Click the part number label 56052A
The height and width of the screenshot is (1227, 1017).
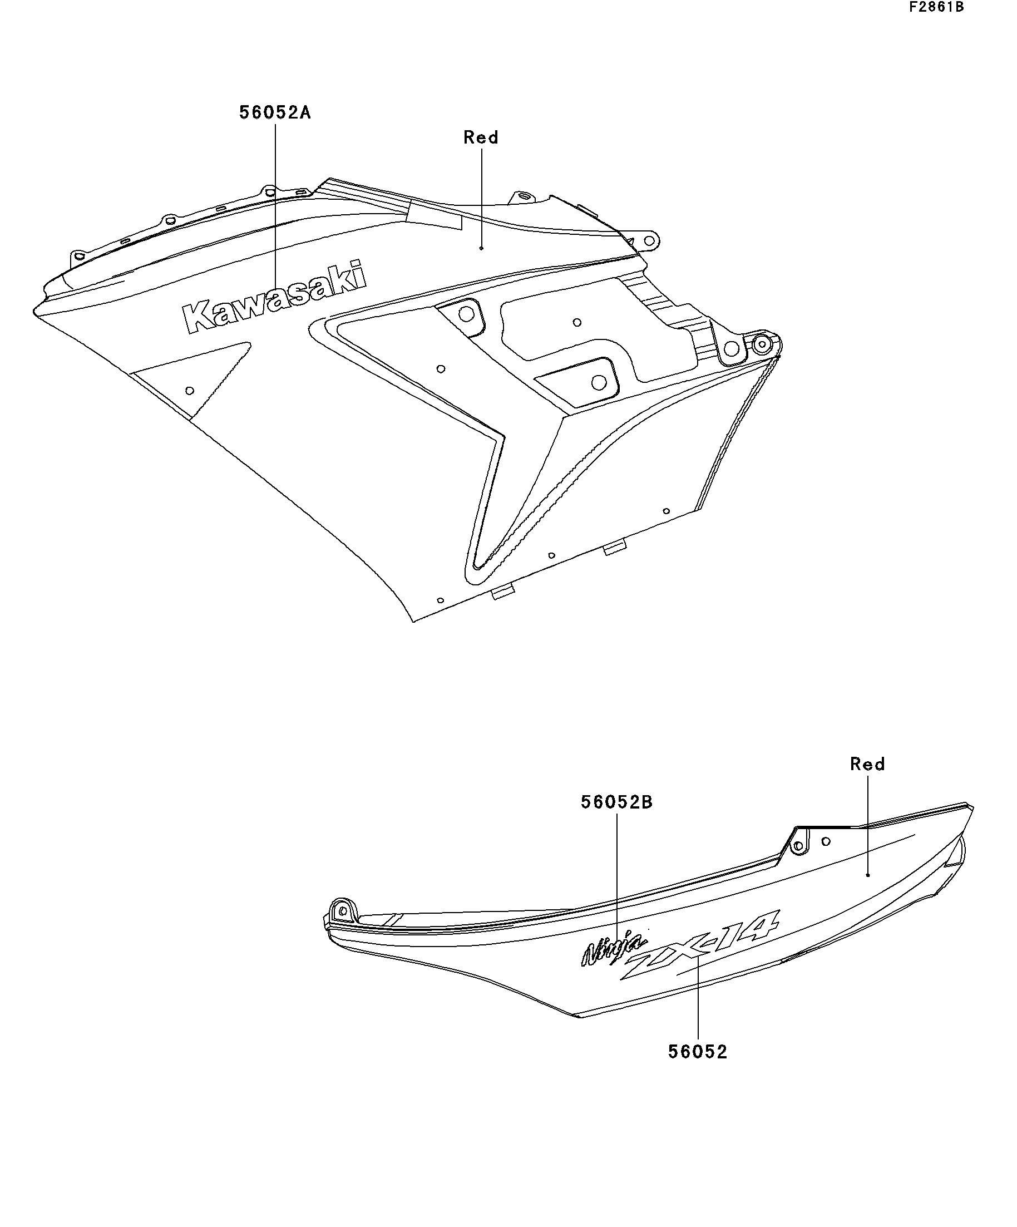tap(274, 112)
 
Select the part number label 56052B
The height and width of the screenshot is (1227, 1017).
tap(616, 802)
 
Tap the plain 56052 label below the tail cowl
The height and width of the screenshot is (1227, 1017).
tap(698, 1052)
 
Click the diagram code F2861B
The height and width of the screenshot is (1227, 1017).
tap(936, 7)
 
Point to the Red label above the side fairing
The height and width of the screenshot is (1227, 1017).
tap(481, 138)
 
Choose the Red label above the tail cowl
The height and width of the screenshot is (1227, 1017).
tap(867, 763)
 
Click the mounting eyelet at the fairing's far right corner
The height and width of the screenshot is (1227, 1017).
tap(761, 343)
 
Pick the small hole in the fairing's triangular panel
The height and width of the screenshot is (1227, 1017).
tap(189, 390)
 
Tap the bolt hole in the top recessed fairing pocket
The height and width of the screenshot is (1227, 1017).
tap(466, 314)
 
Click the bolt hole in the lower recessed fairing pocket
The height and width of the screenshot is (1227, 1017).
tap(598, 382)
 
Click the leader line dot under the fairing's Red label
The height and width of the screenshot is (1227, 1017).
tap(481, 248)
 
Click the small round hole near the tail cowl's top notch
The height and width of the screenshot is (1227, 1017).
tap(826, 841)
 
